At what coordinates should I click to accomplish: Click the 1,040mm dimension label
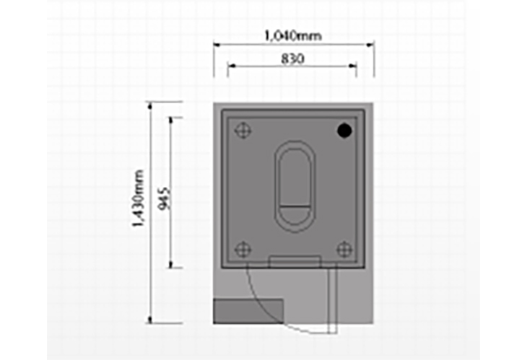pyautogui.click(x=293, y=35)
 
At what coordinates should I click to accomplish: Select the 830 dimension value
pyautogui.click(x=293, y=58)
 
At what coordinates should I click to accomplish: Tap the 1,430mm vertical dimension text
pyautogui.click(x=139, y=198)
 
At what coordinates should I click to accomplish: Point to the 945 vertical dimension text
pyautogui.click(x=165, y=198)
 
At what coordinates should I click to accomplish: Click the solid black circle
pyautogui.click(x=344, y=131)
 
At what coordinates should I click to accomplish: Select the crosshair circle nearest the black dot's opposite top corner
pyautogui.click(x=243, y=131)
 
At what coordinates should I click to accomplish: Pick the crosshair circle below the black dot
pyautogui.click(x=344, y=250)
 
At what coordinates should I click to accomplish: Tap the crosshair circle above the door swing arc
pyautogui.click(x=243, y=250)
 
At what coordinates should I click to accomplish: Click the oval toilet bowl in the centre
pyautogui.click(x=295, y=186)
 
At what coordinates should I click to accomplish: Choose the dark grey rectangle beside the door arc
pyautogui.click(x=248, y=311)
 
